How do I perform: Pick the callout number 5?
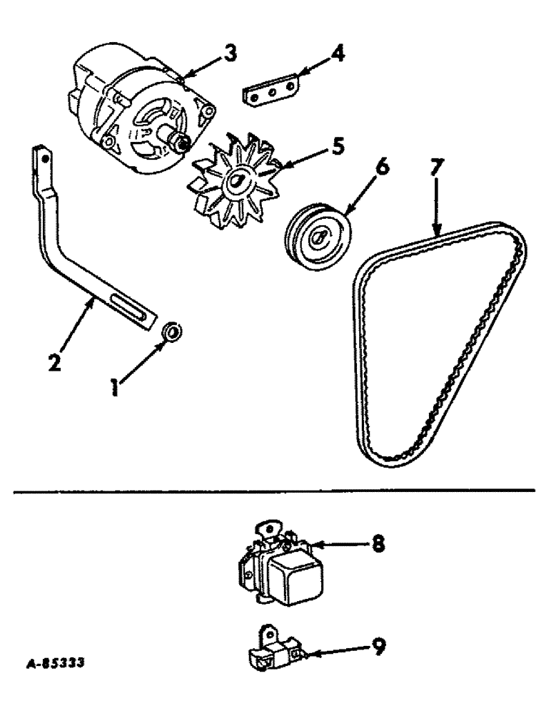pos(335,148)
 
